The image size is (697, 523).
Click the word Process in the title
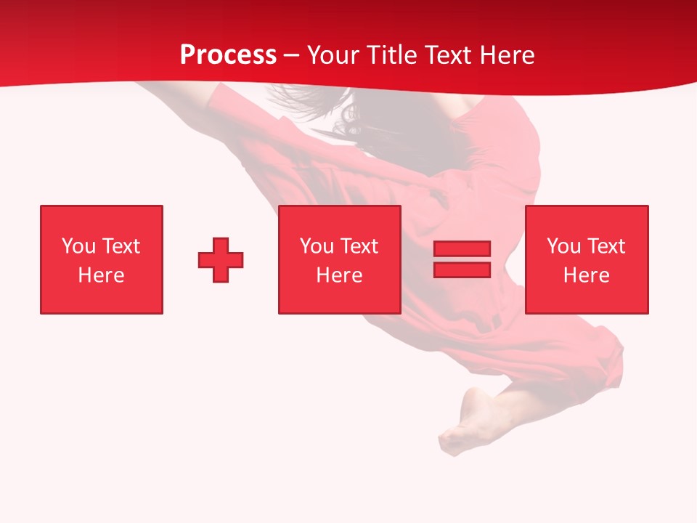(228, 55)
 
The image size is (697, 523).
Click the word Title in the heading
(391, 55)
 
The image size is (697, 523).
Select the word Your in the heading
(332, 55)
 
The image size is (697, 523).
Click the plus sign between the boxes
(221, 260)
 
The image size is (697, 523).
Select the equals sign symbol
(462, 259)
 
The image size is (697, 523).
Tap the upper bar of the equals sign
(462, 249)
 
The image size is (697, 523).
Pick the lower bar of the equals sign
(462, 269)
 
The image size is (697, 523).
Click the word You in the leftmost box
(78, 246)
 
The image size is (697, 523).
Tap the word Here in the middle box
(339, 275)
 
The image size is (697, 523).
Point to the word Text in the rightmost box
(606, 246)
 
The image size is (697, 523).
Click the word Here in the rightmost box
(586, 275)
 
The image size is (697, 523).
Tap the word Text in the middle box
(359, 246)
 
